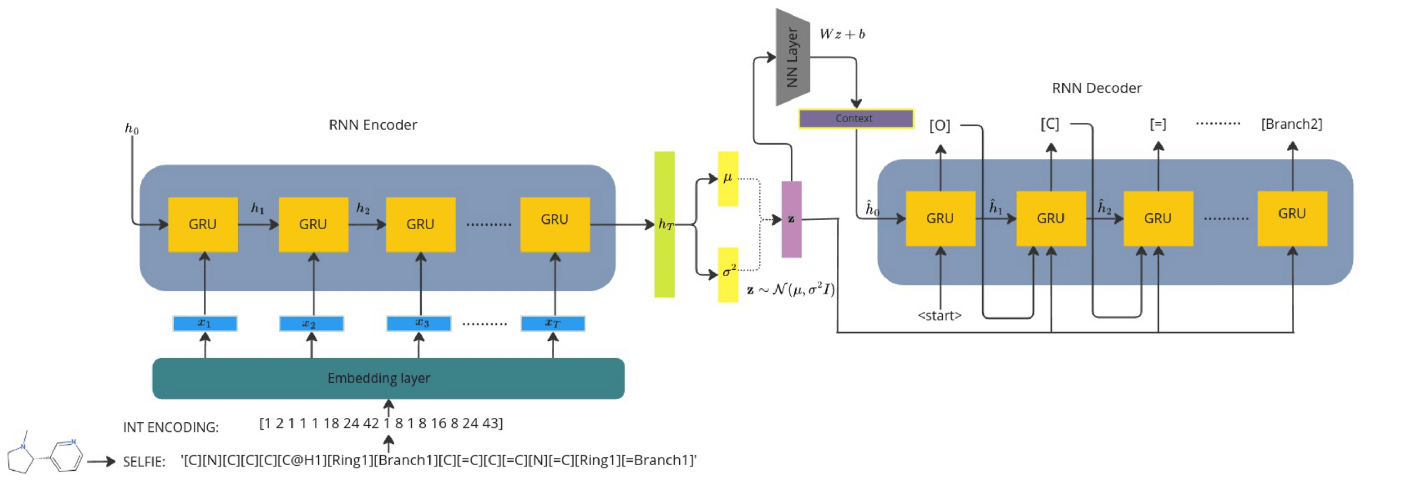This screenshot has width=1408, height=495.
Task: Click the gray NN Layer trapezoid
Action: tap(792, 57)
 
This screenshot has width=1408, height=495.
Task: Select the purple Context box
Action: tap(856, 119)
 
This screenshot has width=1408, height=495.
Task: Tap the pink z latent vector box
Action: tap(791, 219)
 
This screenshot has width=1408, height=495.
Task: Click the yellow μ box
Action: tap(728, 179)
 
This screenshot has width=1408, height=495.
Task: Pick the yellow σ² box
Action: tap(728, 274)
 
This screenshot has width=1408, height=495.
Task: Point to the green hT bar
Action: tap(664, 224)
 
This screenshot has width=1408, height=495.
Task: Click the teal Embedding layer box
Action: tap(388, 378)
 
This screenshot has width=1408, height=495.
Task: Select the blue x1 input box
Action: tap(204, 324)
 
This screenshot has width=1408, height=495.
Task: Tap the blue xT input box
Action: tap(552, 324)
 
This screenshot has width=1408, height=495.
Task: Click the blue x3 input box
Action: tap(418, 324)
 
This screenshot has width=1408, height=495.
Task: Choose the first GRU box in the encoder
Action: tap(203, 224)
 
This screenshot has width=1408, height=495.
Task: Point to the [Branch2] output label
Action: tap(1291, 124)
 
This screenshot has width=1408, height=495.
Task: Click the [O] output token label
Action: tap(939, 125)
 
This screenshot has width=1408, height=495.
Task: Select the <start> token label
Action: tap(939, 316)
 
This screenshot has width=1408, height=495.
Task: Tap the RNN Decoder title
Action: tap(1097, 88)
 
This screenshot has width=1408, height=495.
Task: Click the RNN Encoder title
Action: tap(373, 125)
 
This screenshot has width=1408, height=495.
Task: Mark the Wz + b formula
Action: tap(842, 34)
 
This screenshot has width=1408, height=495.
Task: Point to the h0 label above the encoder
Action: tap(131, 129)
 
